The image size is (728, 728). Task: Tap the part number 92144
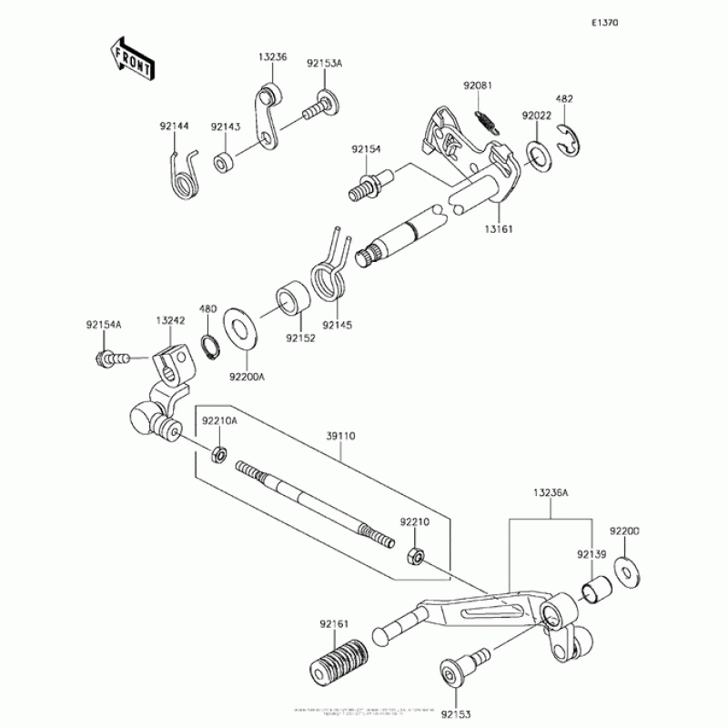point(175,126)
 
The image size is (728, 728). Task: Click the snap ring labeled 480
point(209,346)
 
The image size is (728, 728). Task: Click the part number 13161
point(498,229)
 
